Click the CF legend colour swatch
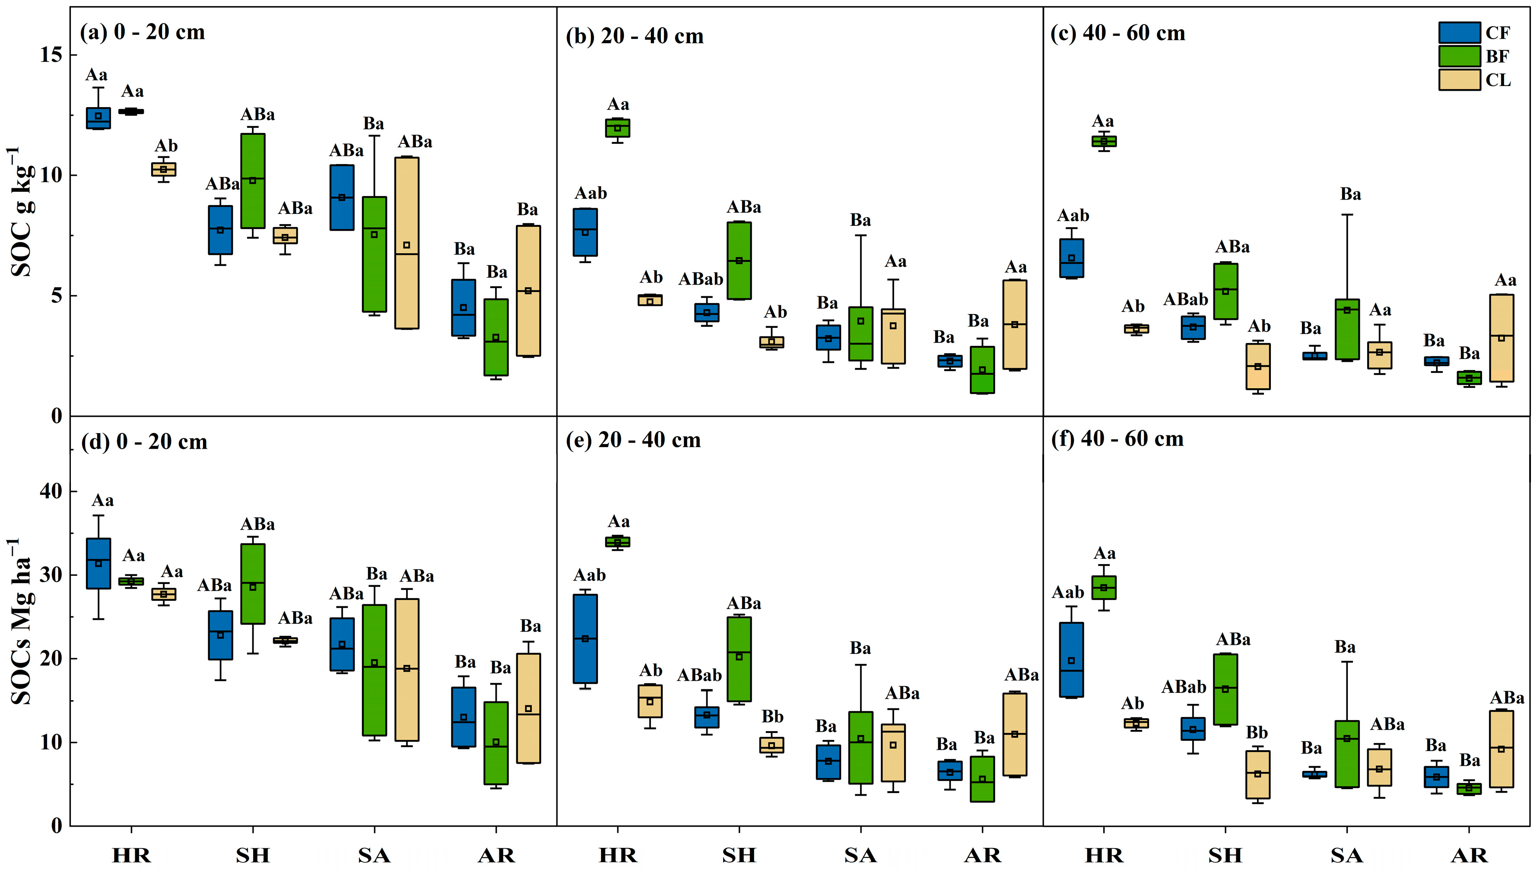pyautogui.click(x=1459, y=33)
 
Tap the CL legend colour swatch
pyautogui.click(x=1459, y=80)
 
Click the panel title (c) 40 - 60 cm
pyautogui.click(x=1118, y=33)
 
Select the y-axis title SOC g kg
pyautogui.click(x=22, y=212)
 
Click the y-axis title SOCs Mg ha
pyautogui.click(x=22, y=622)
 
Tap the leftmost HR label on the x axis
pyautogui.click(x=131, y=855)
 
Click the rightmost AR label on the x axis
pyautogui.click(x=1469, y=855)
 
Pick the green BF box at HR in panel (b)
pyautogui.click(x=618, y=128)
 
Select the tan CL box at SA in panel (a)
pyautogui.click(x=406, y=243)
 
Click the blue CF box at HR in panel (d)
pyautogui.click(x=98, y=564)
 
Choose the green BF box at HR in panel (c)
pyautogui.click(x=1104, y=141)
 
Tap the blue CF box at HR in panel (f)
pyautogui.click(x=1071, y=660)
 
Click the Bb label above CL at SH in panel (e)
pyautogui.click(x=772, y=716)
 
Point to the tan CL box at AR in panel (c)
pyautogui.click(x=1501, y=338)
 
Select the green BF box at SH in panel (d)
pyautogui.click(x=253, y=584)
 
